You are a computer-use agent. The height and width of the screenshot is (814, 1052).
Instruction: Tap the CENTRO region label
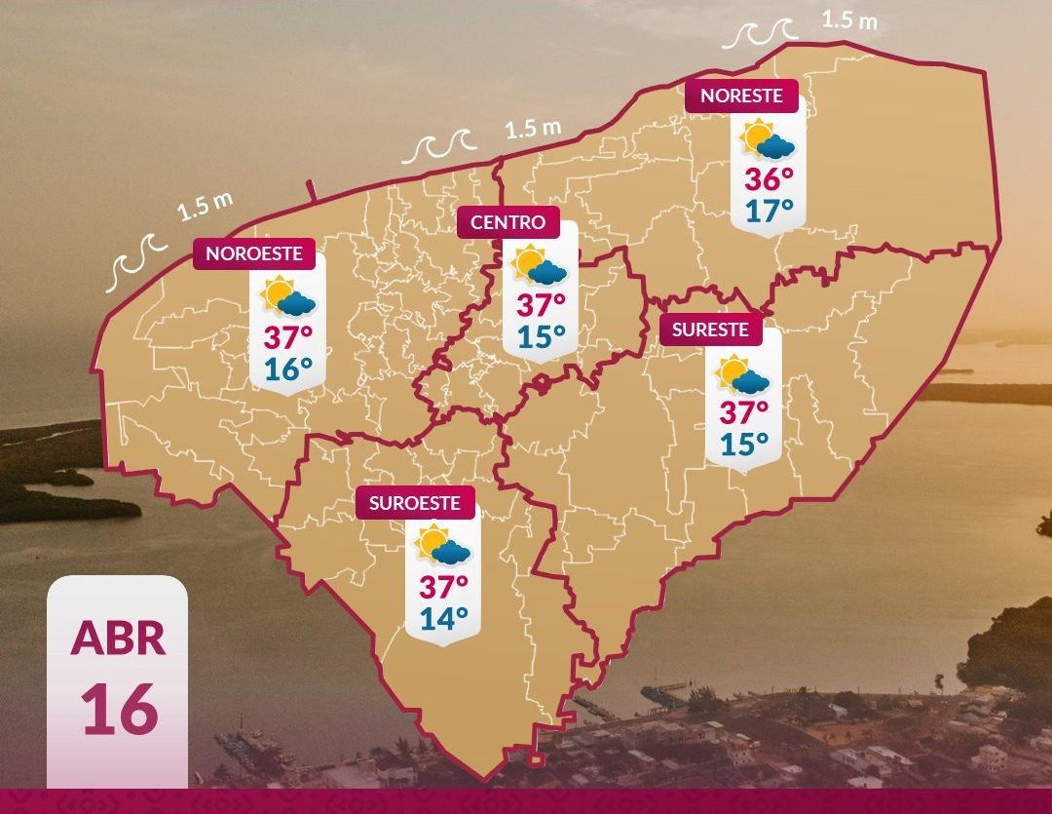click(507, 222)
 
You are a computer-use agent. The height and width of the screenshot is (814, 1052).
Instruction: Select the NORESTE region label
click(741, 96)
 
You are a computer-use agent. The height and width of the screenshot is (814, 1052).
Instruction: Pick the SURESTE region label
click(710, 329)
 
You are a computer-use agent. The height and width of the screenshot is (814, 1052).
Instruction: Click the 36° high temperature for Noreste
click(769, 179)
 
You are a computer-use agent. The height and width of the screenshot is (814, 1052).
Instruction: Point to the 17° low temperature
click(769, 210)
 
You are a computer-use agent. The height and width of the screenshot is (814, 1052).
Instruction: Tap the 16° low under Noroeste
click(288, 368)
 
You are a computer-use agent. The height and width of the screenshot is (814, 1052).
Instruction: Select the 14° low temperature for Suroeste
click(443, 617)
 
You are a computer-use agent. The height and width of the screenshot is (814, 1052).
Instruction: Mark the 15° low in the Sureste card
click(744, 445)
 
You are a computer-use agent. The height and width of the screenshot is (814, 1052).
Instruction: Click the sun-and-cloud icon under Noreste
click(769, 140)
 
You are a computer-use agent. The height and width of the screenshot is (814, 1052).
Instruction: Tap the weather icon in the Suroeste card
click(443, 546)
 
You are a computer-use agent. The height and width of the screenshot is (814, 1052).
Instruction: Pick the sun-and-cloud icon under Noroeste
click(288, 297)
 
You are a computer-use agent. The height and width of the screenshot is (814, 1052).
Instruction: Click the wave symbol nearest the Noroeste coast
click(135, 265)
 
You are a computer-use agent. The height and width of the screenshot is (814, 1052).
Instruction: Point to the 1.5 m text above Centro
click(534, 128)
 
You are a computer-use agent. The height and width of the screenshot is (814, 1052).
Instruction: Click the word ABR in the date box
click(117, 638)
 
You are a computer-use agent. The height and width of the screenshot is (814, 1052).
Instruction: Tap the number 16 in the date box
click(118, 709)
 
